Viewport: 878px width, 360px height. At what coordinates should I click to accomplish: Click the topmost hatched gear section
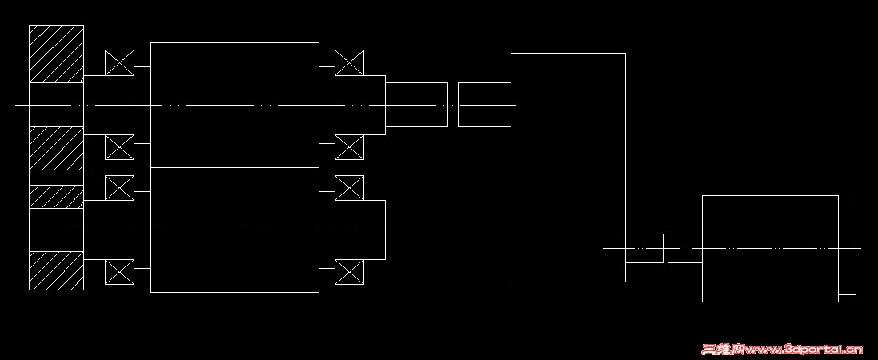coord(56,54)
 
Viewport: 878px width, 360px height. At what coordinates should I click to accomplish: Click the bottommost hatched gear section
coord(56,270)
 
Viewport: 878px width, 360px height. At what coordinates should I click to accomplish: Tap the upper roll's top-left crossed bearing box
coord(119,62)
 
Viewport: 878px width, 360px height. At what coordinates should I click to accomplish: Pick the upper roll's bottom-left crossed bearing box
coord(119,147)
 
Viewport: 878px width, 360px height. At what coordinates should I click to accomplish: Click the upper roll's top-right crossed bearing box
coord(349,62)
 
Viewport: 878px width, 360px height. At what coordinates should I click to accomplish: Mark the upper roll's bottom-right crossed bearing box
coord(349,147)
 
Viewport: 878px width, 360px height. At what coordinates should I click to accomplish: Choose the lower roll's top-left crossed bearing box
coord(119,188)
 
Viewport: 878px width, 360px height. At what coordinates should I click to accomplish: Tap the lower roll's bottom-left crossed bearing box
coord(119,272)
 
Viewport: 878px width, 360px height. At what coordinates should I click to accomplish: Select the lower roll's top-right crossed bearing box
coord(349,188)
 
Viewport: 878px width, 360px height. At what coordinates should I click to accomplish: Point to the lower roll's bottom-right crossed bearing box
coord(349,272)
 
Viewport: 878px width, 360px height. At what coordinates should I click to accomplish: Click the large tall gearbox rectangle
coord(567,167)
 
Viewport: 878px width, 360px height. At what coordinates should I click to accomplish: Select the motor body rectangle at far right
coord(769,248)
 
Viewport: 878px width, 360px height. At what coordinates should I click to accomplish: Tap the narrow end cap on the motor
coord(847,248)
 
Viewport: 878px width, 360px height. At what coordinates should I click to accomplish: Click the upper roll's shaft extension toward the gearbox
coord(416,105)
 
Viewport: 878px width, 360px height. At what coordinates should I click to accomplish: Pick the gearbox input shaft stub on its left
coord(484,105)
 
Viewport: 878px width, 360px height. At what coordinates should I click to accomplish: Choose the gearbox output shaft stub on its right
coord(643,248)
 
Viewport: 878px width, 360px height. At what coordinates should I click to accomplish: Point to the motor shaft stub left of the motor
coord(684,248)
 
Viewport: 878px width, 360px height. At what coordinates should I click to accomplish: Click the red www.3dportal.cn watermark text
coord(782,349)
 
